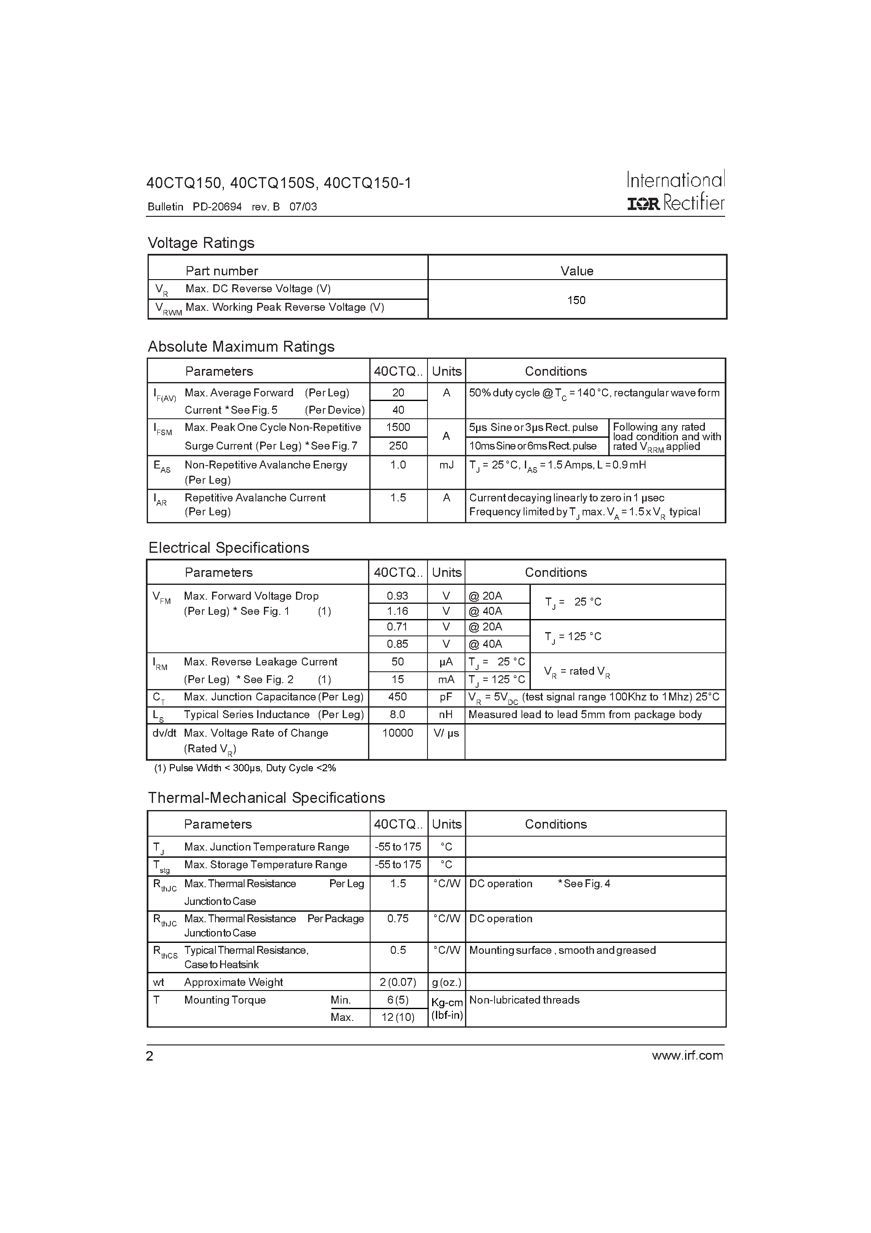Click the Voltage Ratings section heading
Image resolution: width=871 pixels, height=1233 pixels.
tap(201, 243)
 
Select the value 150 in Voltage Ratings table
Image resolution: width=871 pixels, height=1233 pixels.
tap(576, 300)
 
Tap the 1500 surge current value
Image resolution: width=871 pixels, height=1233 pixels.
tap(398, 428)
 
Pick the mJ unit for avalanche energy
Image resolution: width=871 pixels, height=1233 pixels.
tap(446, 465)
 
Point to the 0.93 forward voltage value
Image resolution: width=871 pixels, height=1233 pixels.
tap(398, 595)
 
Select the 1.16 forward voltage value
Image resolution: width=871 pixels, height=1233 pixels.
tap(398, 611)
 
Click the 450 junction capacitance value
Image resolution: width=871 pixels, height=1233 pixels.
tap(398, 697)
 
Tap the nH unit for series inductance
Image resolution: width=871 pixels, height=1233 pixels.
tap(446, 714)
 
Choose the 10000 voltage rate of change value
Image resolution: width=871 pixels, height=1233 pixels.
tap(398, 732)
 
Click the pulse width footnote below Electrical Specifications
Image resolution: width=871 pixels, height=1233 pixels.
tap(245, 768)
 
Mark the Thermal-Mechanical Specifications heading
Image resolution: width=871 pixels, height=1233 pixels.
tap(266, 797)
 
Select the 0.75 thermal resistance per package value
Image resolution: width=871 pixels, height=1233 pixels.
tap(398, 919)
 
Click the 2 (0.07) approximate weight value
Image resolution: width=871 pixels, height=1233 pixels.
tap(398, 982)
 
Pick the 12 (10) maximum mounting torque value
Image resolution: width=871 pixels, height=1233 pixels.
tap(398, 1017)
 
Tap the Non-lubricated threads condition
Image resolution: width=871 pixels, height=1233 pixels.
tap(524, 1000)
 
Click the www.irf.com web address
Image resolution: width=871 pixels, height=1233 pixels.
tap(687, 1056)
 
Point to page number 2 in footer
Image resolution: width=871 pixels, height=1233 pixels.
tap(150, 1056)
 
